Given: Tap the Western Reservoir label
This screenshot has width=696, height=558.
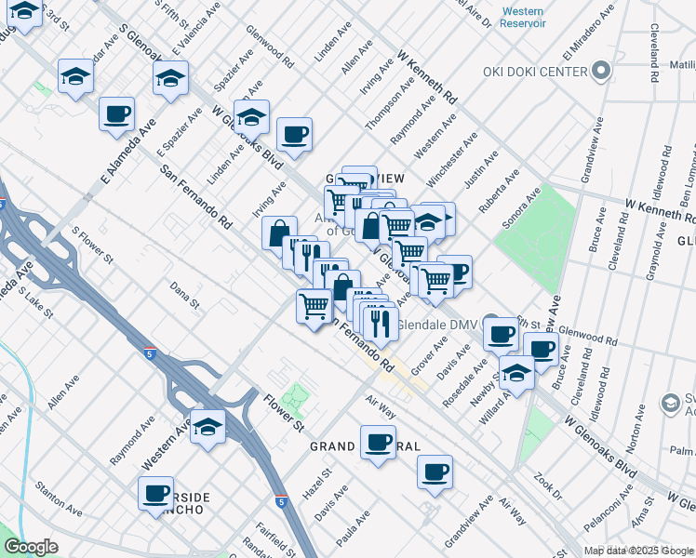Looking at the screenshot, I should click(x=522, y=17).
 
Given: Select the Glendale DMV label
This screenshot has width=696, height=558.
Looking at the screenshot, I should click(x=436, y=325).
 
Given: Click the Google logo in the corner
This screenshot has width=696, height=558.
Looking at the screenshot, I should click(x=31, y=547).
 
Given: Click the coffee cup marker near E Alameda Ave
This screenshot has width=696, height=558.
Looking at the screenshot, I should click(x=116, y=114).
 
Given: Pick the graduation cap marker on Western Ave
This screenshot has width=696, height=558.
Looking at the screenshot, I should click(x=207, y=428).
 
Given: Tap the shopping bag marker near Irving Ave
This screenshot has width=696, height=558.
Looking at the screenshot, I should click(x=279, y=233).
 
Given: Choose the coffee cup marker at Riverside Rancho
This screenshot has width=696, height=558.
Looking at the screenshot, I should click(x=156, y=493).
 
